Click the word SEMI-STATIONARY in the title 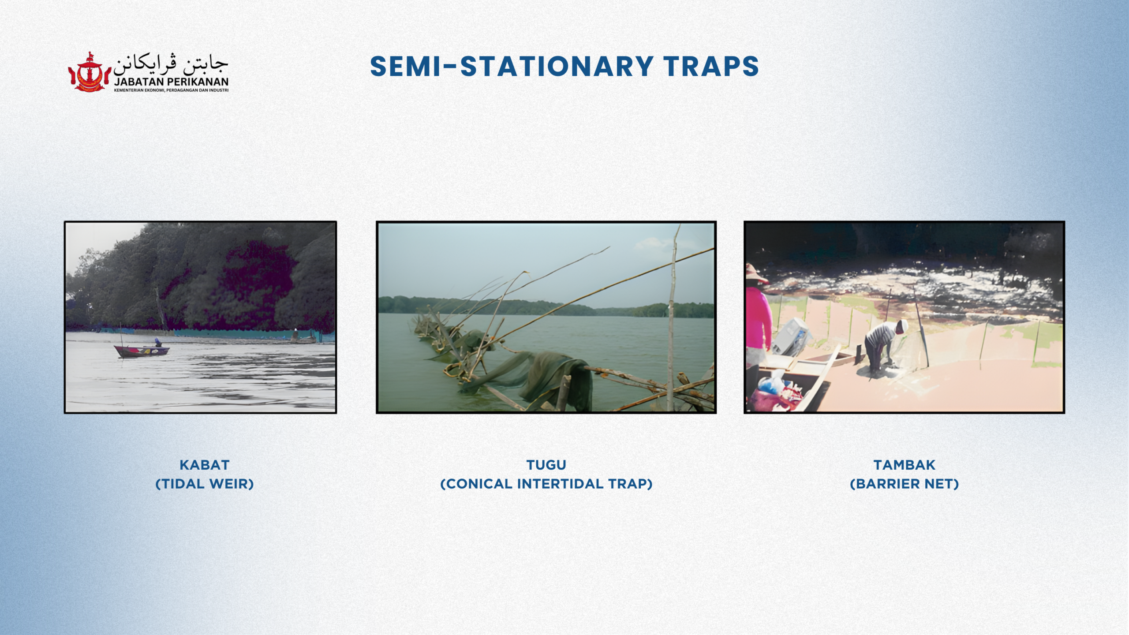[512, 67]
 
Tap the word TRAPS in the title [711, 67]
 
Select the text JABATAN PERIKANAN [171, 82]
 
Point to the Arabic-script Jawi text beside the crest [171, 65]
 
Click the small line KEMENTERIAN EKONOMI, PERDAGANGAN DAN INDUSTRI [171, 90]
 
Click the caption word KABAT [205, 465]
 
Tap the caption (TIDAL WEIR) [205, 484]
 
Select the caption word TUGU [546, 465]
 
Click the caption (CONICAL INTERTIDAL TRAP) [546, 484]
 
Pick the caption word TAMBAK [905, 465]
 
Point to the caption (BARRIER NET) [905, 484]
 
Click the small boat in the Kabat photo [142, 351]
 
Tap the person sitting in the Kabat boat [157, 342]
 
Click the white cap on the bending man [902, 326]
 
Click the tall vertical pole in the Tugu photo [672, 317]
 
